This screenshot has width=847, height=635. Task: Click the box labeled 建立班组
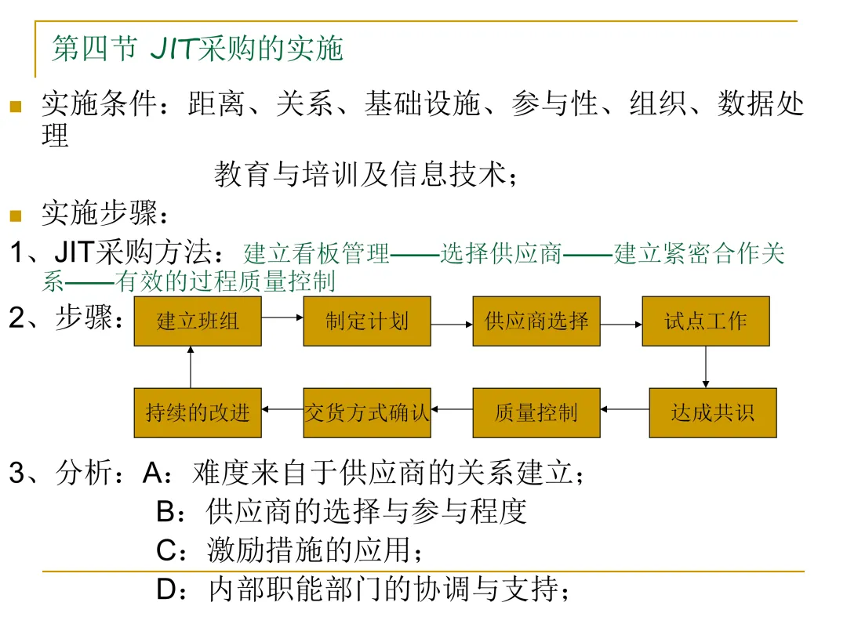click(x=198, y=321)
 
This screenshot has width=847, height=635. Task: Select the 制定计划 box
click(x=367, y=321)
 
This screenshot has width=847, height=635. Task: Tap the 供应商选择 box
click(x=536, y=321)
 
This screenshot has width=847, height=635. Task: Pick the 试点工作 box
click(x=706, y=321)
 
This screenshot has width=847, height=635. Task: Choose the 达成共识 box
click(x=712, y=412)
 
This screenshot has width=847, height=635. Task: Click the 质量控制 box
click(x=536, y=412)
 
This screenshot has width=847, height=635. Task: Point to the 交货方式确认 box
click(x=367, y=412)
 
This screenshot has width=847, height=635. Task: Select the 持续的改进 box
click(x=198, y=412)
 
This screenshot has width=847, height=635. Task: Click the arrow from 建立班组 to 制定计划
click(x=282, y=317)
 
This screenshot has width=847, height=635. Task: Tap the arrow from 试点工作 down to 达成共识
click(x=706, y=367)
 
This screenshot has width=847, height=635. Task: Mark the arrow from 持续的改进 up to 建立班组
click(x=191, y=367)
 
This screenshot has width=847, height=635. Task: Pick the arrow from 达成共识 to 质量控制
click(x=624, y=408)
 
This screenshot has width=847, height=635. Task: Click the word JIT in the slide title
click(x=173, y=49)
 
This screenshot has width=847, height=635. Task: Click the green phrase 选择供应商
click(x=501, y=254)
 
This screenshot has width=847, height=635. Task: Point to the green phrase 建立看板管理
click(x=317, y=254)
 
